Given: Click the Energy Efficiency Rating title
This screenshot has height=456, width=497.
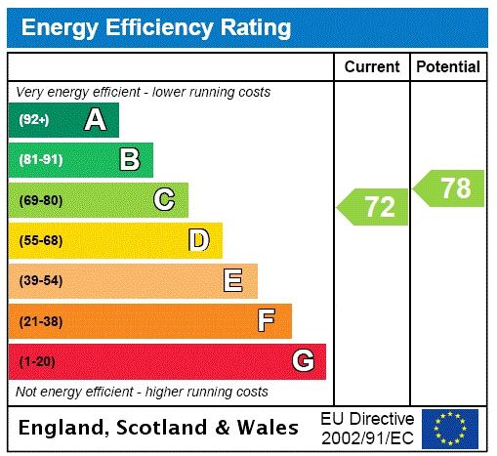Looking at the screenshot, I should [x=155, y=27].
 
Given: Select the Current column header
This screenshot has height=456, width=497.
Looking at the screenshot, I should [x=372, y=66].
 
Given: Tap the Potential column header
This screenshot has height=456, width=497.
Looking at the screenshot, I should [x=448, y=66].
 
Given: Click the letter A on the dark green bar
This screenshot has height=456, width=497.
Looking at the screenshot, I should [x=95, y=120].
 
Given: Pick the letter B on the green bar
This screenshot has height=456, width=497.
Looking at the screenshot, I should [x=129, y=160].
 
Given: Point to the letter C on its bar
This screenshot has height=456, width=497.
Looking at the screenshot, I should [x=164, y=200].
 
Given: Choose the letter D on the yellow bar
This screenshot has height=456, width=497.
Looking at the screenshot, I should [x=198, y=240].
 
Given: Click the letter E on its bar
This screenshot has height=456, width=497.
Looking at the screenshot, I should [x=233, y=281].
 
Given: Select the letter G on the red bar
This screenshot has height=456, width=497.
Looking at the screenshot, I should [x=303, y=361].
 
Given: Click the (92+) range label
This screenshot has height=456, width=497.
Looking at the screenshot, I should [x=34, y=120].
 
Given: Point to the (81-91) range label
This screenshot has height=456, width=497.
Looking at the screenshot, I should [x=40, y=160].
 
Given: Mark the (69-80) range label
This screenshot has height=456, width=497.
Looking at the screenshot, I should [x=40, y=200].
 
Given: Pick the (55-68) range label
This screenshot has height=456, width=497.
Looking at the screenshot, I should [x=40, y=240].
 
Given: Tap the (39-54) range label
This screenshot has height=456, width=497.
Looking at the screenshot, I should [x=40, y=281].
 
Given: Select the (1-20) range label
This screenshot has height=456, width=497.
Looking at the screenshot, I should [x=37, y=361].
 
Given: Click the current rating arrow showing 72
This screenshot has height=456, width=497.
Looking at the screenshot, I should [x=374, y=207].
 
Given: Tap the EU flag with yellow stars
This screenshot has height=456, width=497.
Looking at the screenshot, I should [x=450, y=428].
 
